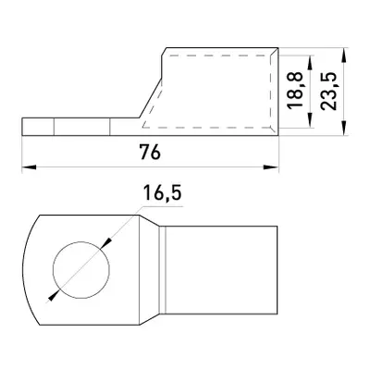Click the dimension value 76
point(150,152)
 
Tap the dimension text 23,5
point(328,92)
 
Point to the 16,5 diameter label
point(162,193)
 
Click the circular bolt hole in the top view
point(81,270)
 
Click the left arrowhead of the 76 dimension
point(29,167)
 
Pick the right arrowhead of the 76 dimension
point(271,167)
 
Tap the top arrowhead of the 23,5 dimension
point(344,55)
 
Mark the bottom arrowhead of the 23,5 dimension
point(344,128)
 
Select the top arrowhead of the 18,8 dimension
point(311,63)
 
